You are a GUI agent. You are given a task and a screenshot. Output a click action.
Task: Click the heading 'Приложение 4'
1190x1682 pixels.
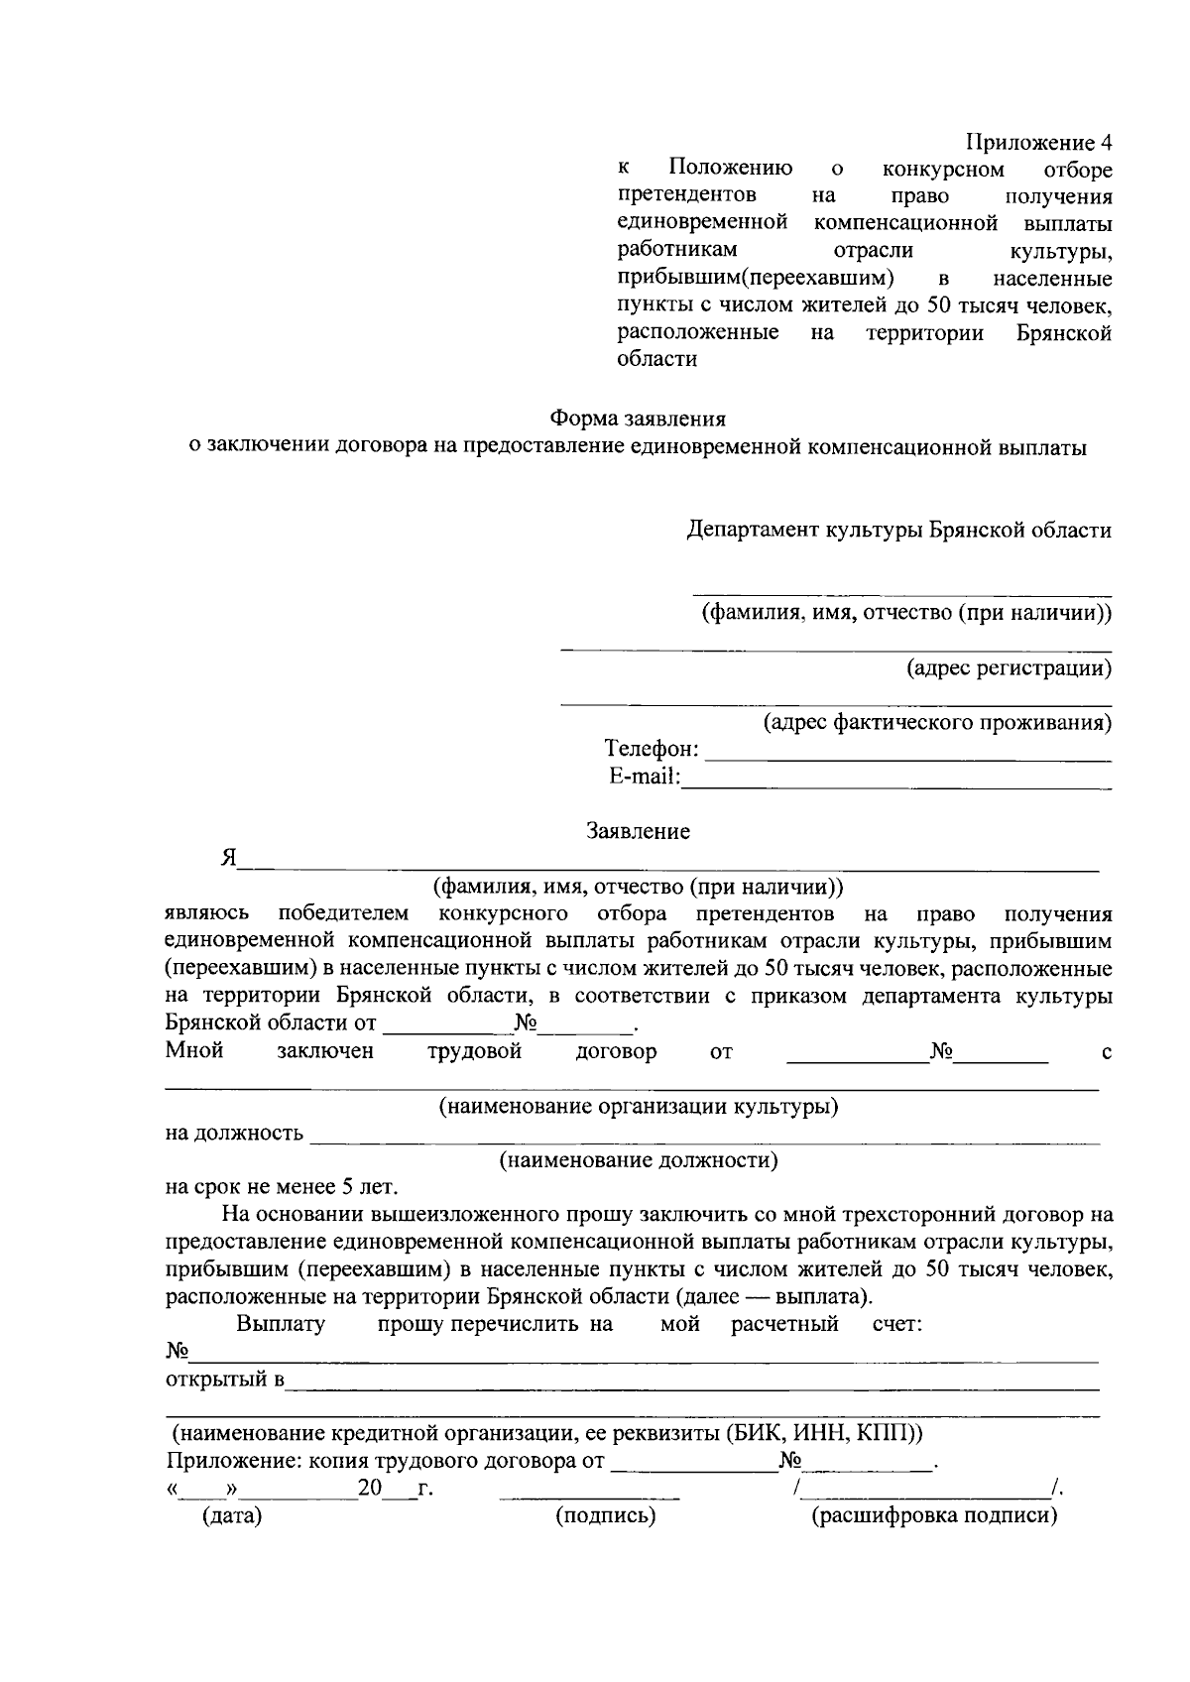pyautogui.click(x=1038, y=142)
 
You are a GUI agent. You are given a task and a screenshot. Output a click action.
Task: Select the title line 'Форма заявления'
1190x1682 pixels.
pyautogui.click(x=639, y=420)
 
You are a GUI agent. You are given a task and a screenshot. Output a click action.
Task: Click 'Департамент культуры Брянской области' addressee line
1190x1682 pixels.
pyautogui.click(x=899, y=530)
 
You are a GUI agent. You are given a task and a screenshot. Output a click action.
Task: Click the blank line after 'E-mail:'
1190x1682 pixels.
pyautogui.click(x=897, y=786)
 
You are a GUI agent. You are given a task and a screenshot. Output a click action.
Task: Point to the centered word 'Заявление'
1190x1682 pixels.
pyautogui.click(x=639, y=831)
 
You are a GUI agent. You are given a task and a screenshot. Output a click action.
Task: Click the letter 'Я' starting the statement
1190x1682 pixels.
pyautogui.click(x=229, y=859)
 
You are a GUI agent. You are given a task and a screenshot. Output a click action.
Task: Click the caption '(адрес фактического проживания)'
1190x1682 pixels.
pyautogui.click(x=936, y=722)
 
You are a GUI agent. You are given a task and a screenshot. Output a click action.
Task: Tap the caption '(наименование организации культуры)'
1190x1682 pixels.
pyautogui.click(x=639, y=1106)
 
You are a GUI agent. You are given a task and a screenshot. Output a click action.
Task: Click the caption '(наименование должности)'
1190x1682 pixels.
pyautogui.click(x=639, y=1160)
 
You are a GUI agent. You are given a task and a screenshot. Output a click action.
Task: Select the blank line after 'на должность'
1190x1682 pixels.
pyautogui.click(x=704, y=1141)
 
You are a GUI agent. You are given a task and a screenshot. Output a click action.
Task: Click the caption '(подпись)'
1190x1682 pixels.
pyautogui.click(x=605, y=1516)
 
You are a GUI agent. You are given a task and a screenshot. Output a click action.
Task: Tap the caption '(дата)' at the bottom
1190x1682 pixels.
pyautogui.click(x=231, y=1516)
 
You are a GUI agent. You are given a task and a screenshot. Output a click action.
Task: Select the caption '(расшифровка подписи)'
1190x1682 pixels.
pyautogui.click(x=934, y=1516)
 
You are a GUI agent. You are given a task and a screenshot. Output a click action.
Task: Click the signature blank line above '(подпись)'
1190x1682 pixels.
pyautogui.click(x=589, y=1497)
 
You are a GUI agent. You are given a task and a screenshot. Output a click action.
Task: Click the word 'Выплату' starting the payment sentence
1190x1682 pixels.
pyautogui.click(x=281, y=1324)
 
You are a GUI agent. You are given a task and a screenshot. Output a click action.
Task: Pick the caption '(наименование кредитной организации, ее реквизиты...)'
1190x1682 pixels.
pyautogui.click(x=547, y=1433)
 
